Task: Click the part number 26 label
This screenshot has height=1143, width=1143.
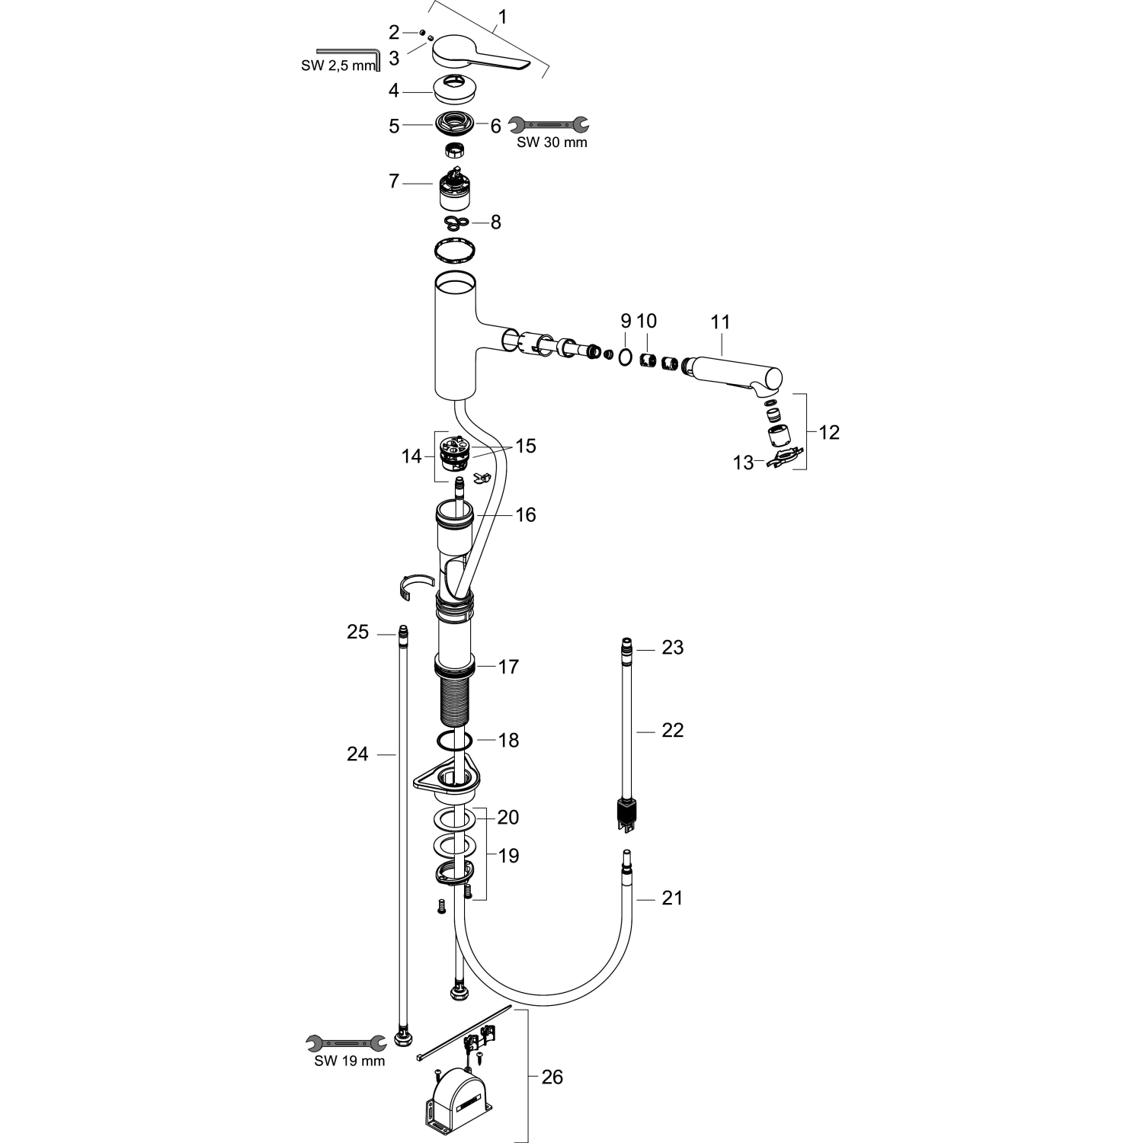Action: (552, 1077)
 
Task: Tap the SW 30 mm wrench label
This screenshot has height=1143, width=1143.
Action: (552, 142)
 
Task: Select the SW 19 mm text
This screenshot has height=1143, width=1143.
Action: (350, 1061)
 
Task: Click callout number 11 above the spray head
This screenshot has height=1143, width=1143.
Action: (720, 322)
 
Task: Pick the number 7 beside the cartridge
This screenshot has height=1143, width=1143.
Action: (394, 182)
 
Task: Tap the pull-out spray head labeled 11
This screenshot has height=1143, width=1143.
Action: (733, 375)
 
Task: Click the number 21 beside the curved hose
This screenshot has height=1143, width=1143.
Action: (671, 898)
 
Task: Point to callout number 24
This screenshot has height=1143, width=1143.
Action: (357, 754)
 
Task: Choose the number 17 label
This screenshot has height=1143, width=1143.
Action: (508, 667)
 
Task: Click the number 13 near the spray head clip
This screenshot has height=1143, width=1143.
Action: (743, 463)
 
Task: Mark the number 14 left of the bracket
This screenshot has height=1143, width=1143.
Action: (411, 456)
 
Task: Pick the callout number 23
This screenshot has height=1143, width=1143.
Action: (672, 647)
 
